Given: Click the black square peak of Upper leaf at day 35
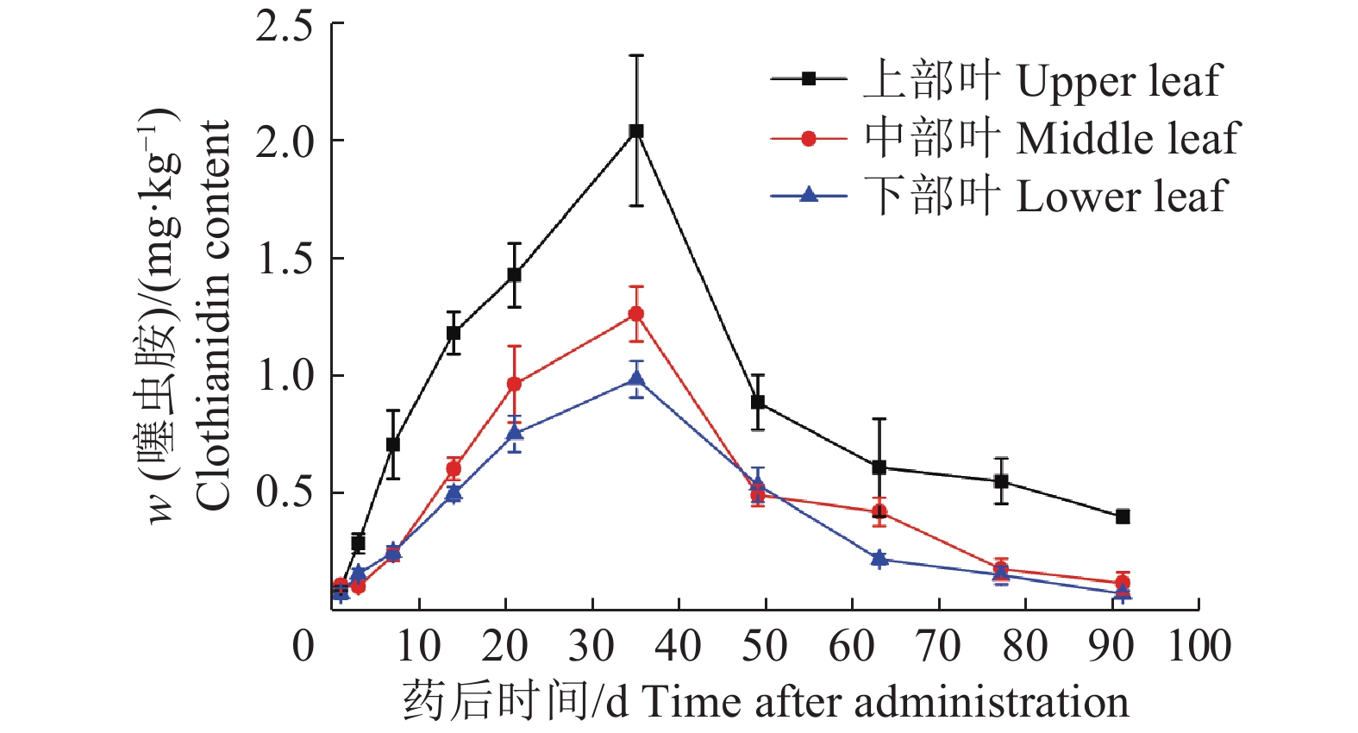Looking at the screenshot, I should pos(636,131).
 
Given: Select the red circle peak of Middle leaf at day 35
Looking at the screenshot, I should pos(636,314).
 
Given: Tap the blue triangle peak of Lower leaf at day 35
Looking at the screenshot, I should pos(636,379).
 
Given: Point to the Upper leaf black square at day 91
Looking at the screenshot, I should pos(1123,517).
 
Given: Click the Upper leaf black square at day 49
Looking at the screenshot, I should pos(758,402).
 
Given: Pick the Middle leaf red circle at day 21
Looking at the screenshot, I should pos(515,384).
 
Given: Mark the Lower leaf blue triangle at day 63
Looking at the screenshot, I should pos(879,559).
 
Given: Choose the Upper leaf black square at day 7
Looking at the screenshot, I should pos(393,444).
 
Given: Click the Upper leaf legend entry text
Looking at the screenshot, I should pos(1042,81).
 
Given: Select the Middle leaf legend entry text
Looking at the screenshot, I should pos(1051,139).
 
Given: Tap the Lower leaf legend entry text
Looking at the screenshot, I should pos(1044,197).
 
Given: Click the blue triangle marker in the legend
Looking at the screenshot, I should pos(809,196).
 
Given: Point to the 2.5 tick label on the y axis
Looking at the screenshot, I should pos(284,26).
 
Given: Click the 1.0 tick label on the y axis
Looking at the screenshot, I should pos(284,376).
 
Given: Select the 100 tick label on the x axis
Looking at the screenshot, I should pos(1198,647).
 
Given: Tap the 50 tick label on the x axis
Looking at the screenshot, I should pos(765,647).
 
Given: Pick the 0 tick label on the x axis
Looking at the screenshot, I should pos(304,647).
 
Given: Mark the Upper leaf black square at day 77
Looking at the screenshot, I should pos(1001,481).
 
